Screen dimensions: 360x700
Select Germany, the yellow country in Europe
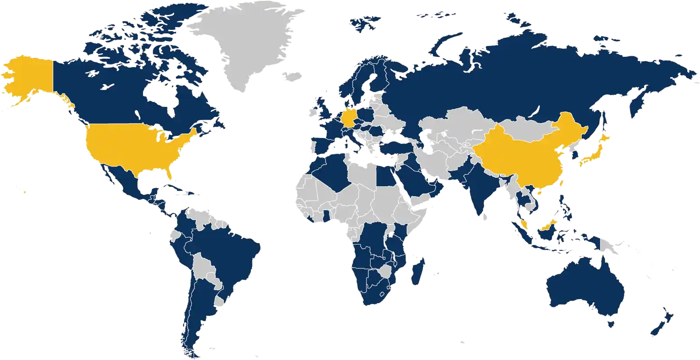350,119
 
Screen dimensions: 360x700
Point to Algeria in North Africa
332,174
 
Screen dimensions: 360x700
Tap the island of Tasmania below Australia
612,322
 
